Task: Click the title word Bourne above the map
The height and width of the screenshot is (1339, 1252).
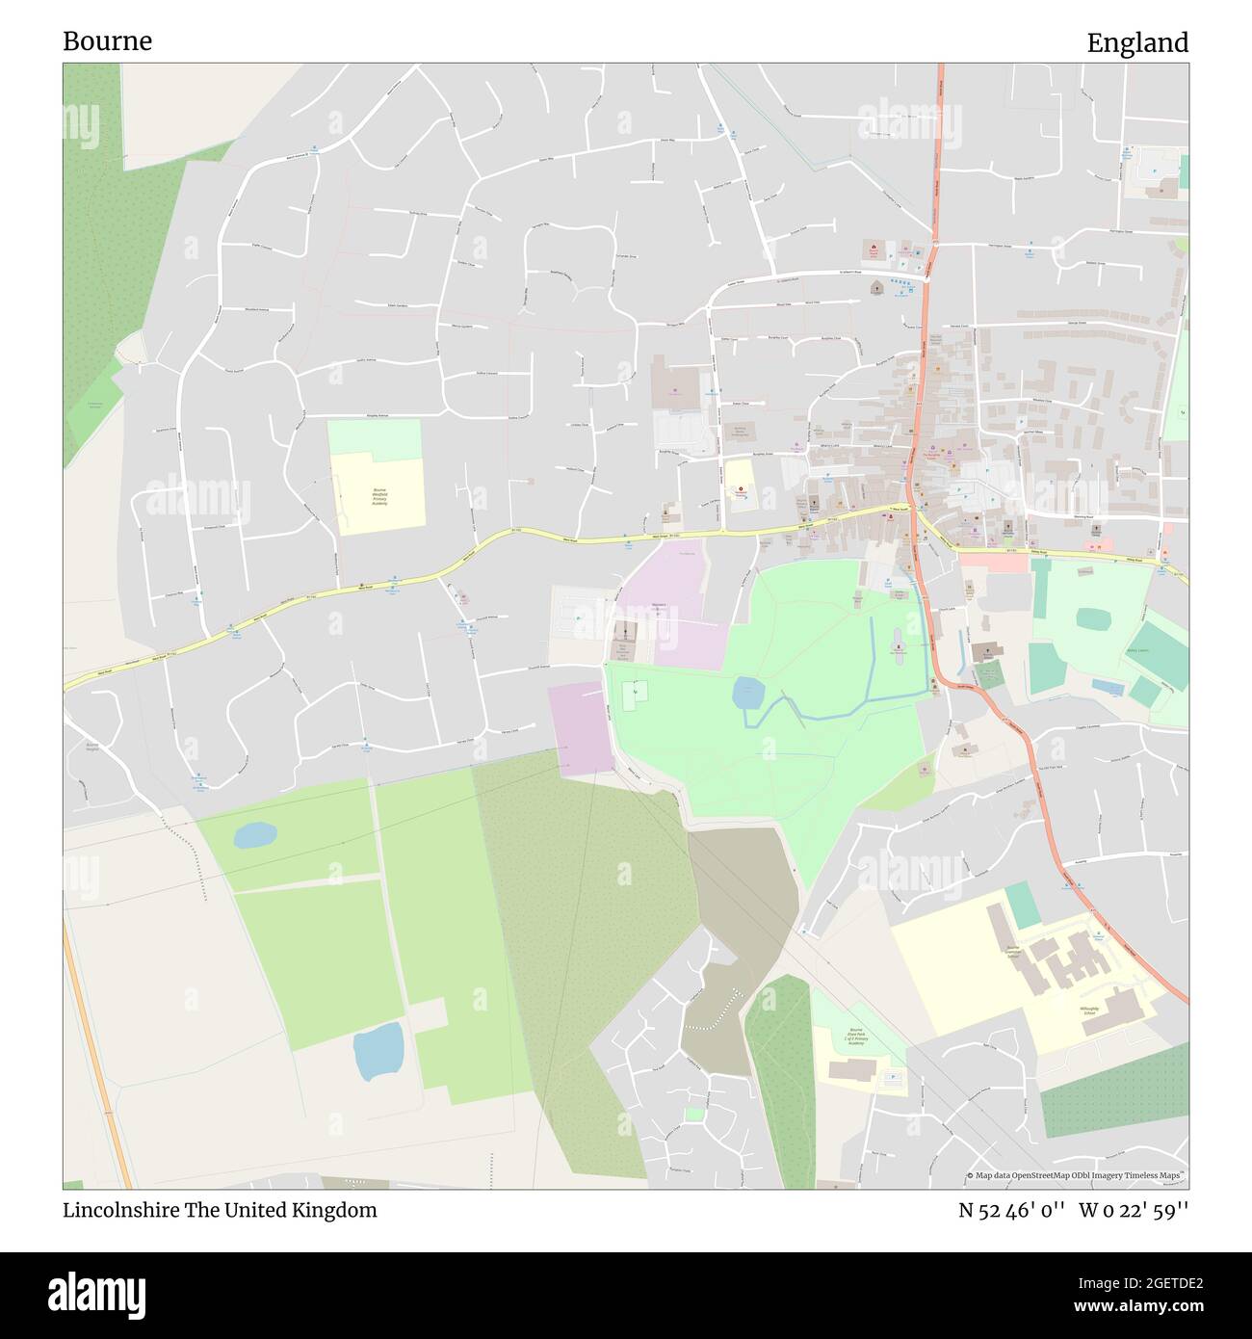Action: pyautogui.click(x=107, y=41)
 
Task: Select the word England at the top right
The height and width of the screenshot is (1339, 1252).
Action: pyautogui.click(x=1137, y=42)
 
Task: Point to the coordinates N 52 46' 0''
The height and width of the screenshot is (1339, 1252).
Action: pyautogui.click(x=1011, y=1210)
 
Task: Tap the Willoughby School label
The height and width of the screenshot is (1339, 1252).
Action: pyautogui.click(x=1088, y=1011)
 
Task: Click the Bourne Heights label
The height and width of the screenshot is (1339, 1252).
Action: pyautogui.click(x=92, y=748)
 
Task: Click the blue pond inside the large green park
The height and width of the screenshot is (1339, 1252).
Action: pyautogui.click(x=748, y=692)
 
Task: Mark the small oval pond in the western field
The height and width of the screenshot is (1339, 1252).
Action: pyautogui.click(x=255, y=834)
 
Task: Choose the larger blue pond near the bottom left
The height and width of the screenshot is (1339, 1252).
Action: pyautogui.click(x=378, y=1051)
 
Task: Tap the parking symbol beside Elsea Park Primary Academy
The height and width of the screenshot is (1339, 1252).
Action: pyautogui.click(x=892, y=1076)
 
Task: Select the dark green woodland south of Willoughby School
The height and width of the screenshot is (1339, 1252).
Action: pyautogui.click(x=1114, y=1090)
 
